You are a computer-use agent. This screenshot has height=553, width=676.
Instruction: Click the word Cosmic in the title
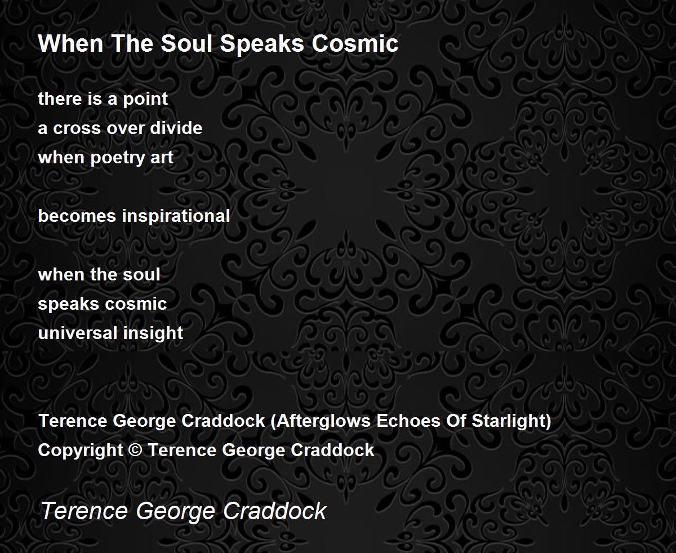tap(355, 43)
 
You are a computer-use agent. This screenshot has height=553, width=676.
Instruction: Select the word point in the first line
tap(145, 99)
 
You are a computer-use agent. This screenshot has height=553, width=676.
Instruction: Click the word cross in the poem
tap(77, 128)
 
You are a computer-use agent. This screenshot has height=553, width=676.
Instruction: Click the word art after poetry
tap(162, 158)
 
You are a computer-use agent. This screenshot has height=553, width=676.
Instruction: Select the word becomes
tap(77, 216)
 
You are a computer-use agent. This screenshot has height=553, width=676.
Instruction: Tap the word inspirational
tap(176, 216)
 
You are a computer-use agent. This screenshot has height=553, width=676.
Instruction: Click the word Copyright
tap(81, 451)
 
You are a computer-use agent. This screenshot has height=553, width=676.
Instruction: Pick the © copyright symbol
tap(135, 450)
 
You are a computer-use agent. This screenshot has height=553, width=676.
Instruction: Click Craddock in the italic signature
tap(275, 511)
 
